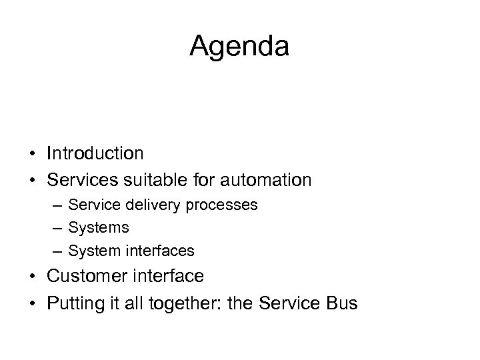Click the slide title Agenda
(x=239, y=47)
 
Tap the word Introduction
(x=95, y=154)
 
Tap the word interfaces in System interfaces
(x=164, y=251)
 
